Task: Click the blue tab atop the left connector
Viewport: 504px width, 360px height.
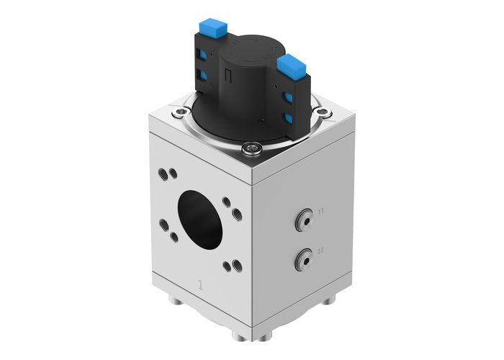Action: pyautogui.click(x=212, y=28)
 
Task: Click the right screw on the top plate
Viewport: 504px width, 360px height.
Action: pyautogui.click(x=324, y=112)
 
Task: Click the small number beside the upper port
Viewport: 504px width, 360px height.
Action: pyautogui.click(x=321, y=210)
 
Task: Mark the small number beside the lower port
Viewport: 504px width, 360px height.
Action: pyautogui.click(x=321, y=249)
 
